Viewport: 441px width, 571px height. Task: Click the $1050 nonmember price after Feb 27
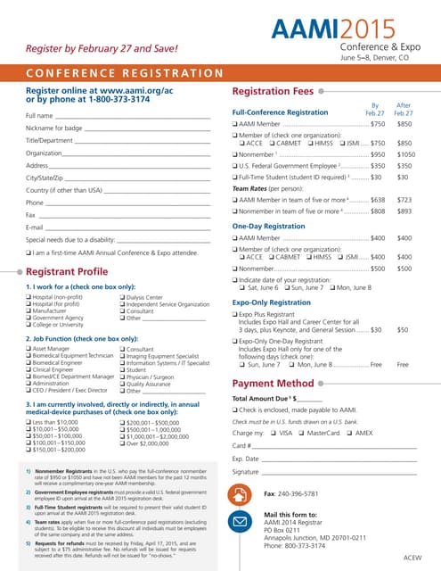406,153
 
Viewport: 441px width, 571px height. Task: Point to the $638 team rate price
377,201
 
